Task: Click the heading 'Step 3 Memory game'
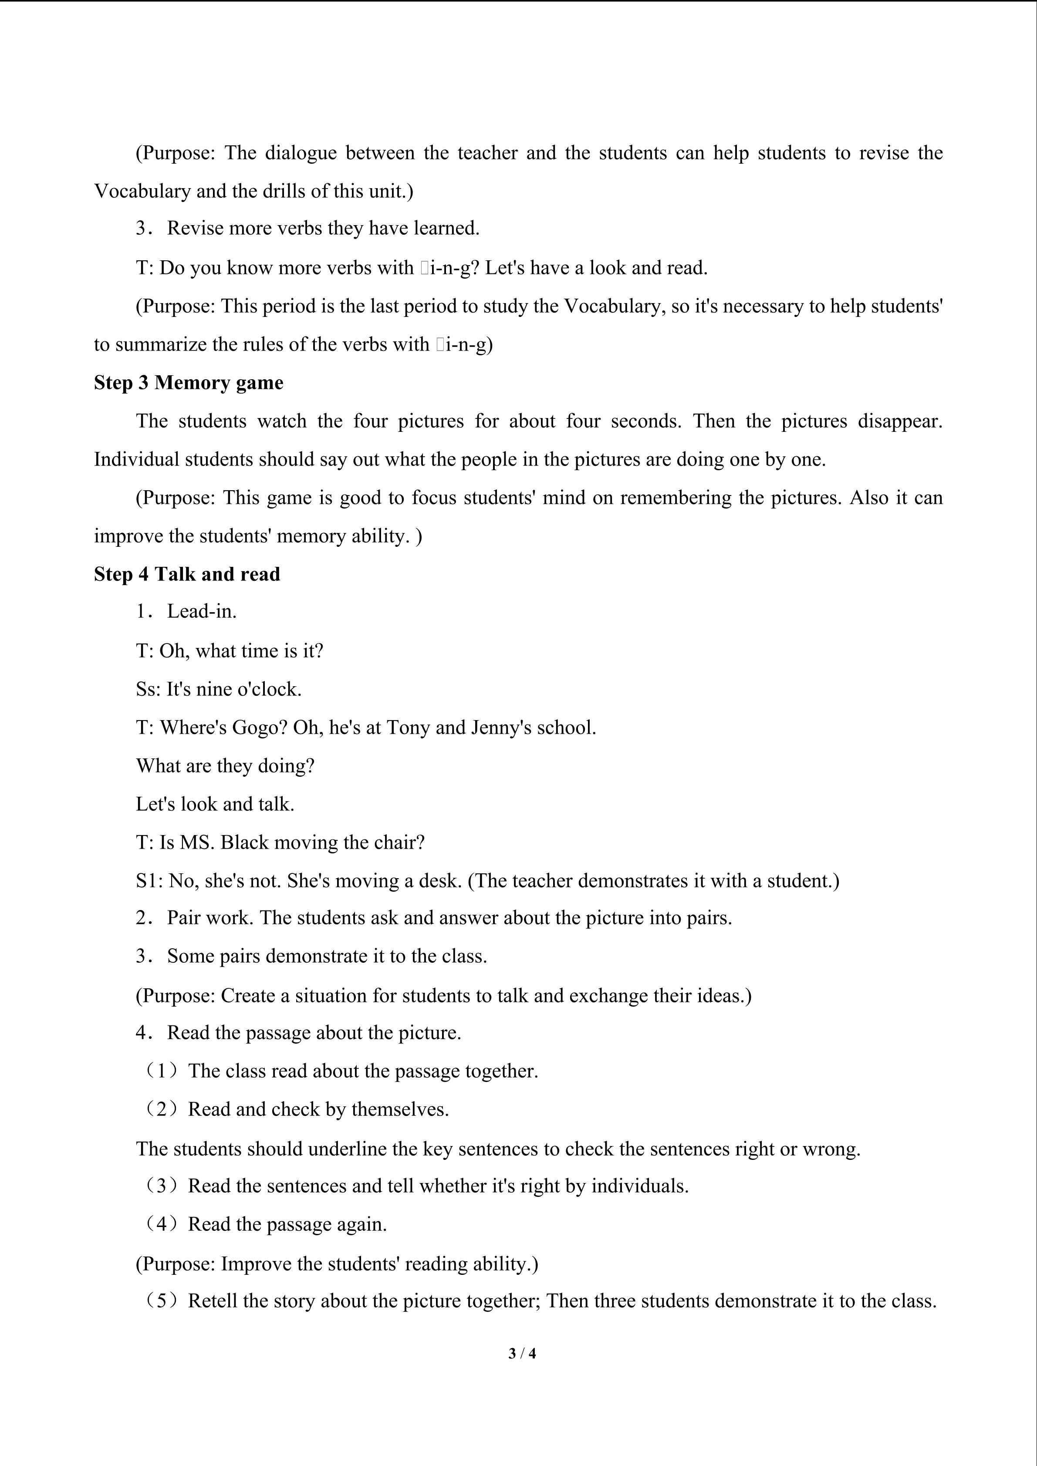[x=189, y=382]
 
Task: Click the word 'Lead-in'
[x=201, y=612]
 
